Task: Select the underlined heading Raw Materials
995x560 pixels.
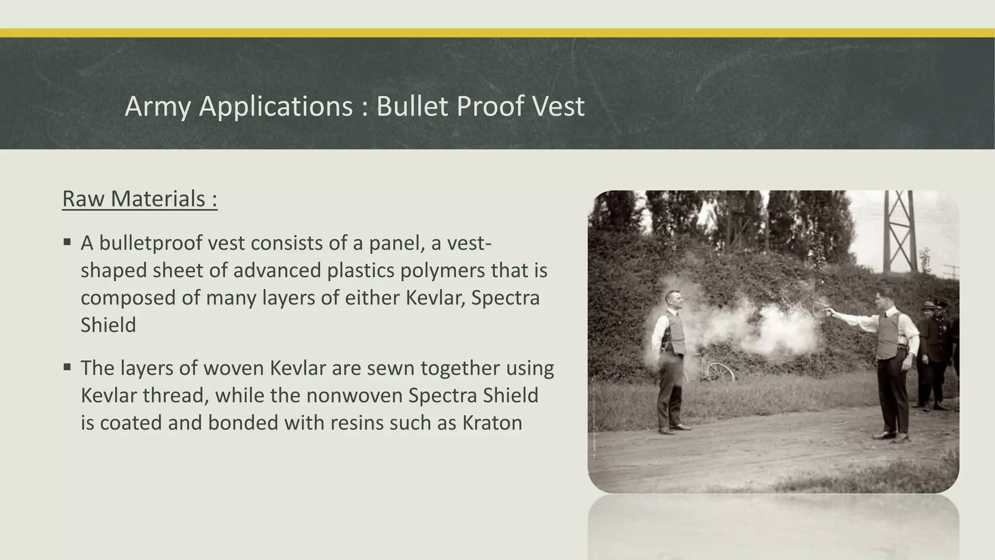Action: click(139, 199)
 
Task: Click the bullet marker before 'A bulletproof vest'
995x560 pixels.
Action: click(67, 242)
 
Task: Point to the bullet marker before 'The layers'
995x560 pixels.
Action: click(67, 367)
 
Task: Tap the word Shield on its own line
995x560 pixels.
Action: click(108, 325)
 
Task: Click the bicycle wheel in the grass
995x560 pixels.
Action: click(720, 372)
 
